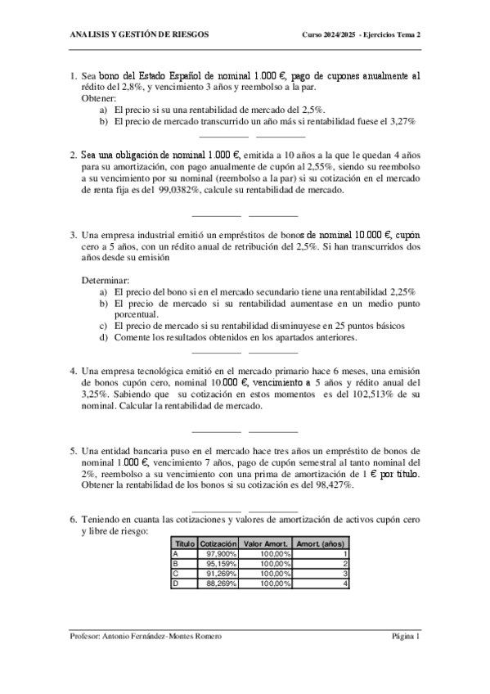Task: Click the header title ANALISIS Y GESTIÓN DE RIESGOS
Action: [x=140, y=35]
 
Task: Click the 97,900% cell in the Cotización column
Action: [x=218, y=554]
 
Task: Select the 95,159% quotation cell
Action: [x=218, y=564]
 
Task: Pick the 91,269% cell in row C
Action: [x=218, y=574]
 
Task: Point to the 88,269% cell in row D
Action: [x=218, y=584]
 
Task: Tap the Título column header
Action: [x=185, y=543]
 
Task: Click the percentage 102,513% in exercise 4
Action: [x=380, y=394]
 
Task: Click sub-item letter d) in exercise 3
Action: [x=104, y=336]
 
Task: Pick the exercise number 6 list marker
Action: [x=74, y=519]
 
